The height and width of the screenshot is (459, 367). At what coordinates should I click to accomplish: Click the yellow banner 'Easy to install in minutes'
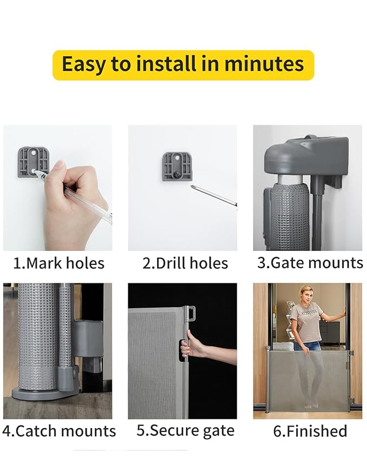183,65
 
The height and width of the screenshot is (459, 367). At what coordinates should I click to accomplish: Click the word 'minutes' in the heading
264,64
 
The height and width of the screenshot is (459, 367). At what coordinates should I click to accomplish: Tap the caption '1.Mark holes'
58,263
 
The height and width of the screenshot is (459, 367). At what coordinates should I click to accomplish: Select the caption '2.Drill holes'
185,263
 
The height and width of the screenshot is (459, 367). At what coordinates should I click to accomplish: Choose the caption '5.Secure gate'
185,430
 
